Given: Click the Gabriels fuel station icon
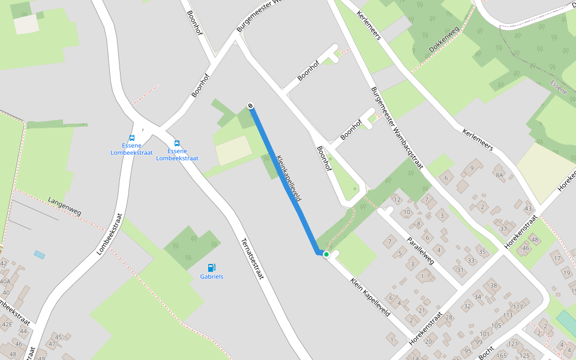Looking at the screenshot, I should pyautogui.click(x=211, y=268).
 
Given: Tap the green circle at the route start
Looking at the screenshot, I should pyautogui.click(x=326, y=254).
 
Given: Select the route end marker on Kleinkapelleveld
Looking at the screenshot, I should pyautogui.click(x=250, y=106).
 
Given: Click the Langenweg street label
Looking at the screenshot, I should pyautogui.click(x=64, y=206).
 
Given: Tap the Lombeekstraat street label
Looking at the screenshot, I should pyautogui.click(x=109, y=235).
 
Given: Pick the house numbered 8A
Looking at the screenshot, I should pyautogui.click(x=499, y=175).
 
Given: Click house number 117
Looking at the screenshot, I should pyautogui.click(x=518, y=307).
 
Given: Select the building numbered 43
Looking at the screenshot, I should pyautogui.click(x=528, y=209).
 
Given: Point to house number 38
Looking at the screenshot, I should pyautogui.click(x=494, y=286).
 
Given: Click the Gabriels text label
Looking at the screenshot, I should pyautogui.click(x=211, y=277).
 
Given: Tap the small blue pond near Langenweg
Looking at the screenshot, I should pyautogui.click(x=40, y=254).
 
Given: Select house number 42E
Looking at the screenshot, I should pyautogui.click(x=7, y=324).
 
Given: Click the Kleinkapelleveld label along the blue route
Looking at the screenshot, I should pyautogui.click(x=289, y=178).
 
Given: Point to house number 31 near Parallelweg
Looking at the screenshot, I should pyautogui.click(x=460, y=270).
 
